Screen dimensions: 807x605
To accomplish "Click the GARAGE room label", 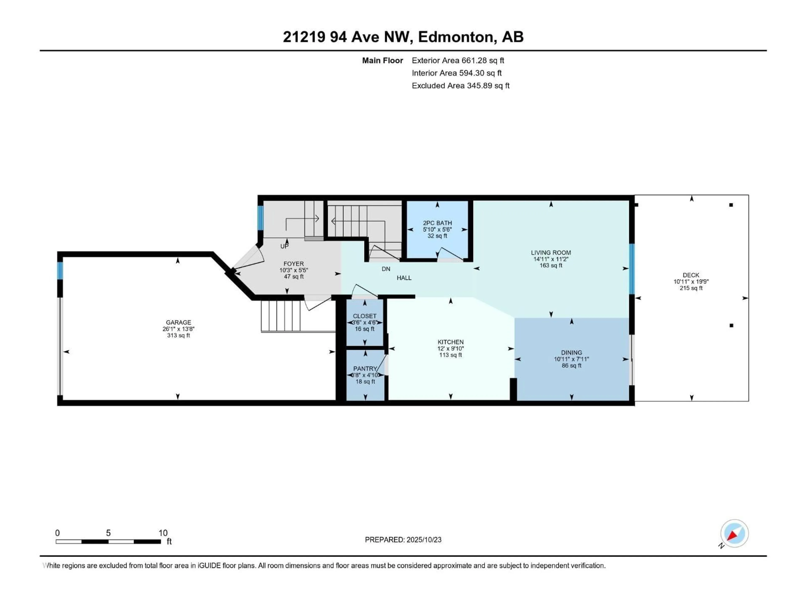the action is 178,322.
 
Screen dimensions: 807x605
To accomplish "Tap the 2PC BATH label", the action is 437,223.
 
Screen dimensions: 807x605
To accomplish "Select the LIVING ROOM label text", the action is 551,252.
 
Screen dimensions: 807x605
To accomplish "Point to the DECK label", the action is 691,275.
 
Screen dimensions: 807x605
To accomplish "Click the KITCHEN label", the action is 451,342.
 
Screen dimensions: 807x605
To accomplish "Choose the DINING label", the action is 571,352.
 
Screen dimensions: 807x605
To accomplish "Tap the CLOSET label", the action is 364,316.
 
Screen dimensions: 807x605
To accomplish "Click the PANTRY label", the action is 365,369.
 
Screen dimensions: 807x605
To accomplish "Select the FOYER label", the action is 294,264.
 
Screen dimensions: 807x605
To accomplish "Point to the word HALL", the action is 404,278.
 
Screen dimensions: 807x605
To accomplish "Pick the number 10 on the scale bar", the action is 163,533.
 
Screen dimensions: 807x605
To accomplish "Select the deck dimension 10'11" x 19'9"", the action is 691,281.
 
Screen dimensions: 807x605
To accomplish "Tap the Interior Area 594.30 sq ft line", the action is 457,73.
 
